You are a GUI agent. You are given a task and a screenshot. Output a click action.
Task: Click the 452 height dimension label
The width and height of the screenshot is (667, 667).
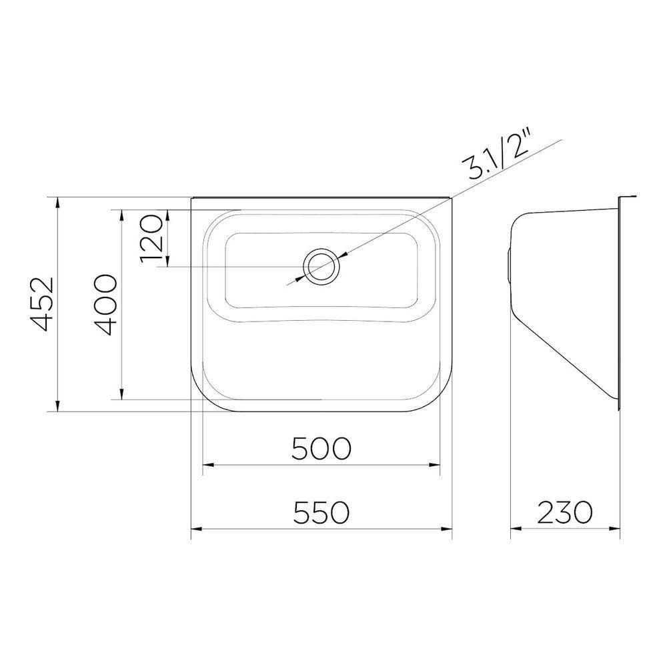(x=41, y=304)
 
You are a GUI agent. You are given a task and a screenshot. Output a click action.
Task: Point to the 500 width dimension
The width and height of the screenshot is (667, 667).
(x=321, y=448)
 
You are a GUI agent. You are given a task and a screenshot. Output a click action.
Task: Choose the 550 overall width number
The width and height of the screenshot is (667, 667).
(x=321, y=513)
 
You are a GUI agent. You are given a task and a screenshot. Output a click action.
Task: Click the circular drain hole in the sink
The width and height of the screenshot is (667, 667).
(x=321, y=265)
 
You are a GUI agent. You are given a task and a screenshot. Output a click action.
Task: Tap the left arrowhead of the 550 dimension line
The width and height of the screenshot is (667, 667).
(x=195, y=530)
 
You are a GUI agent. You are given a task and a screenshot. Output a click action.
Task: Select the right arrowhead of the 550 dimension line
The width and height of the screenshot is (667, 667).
(x=448, y=530)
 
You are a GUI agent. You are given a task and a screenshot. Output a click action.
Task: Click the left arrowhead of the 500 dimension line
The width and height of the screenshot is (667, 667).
(x=206, y=465)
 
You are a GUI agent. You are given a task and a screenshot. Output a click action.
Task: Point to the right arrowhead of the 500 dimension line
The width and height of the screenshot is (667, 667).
(x=438, y=465)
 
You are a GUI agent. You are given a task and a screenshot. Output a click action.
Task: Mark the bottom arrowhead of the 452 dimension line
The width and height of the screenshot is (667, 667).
(x=58, y=408)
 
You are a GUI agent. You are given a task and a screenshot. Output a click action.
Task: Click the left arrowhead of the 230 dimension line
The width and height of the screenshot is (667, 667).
(x=514, y=530)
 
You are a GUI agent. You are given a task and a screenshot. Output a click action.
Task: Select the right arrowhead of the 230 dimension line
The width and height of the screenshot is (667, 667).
(x=617, y=530)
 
